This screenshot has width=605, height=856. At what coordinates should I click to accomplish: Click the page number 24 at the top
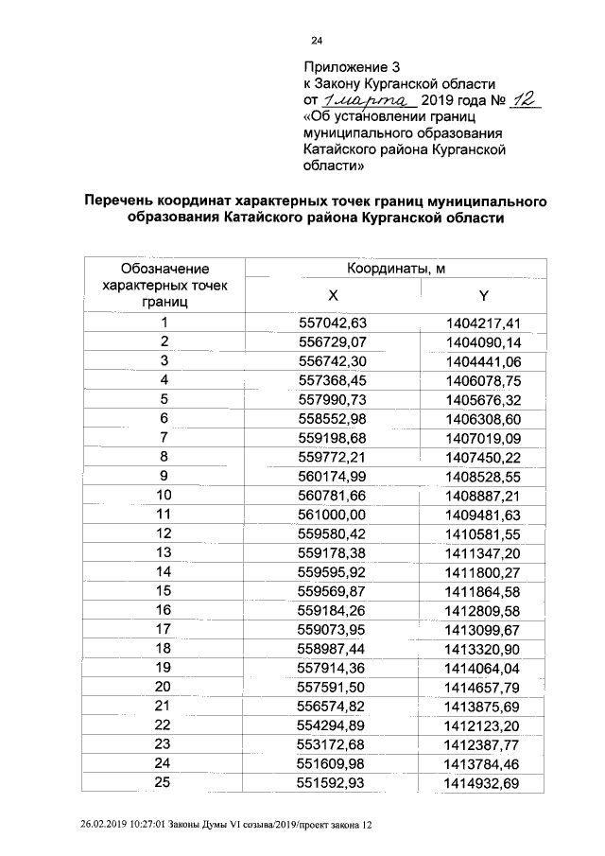(317, 41)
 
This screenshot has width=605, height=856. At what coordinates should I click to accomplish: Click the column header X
(332, 294)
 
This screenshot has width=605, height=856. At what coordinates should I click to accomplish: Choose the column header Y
(483, 294)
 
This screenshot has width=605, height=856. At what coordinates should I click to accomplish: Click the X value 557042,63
(332, 323)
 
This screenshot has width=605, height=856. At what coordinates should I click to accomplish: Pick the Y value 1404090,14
(483, 341)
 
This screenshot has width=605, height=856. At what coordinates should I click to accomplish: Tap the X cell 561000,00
(332, 515)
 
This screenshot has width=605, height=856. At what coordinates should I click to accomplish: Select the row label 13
(164, 552)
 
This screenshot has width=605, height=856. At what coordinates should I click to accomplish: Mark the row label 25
(164, 782)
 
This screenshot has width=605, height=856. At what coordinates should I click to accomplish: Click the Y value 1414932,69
(483, 783)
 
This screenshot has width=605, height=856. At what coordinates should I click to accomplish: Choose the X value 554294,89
(332, 725)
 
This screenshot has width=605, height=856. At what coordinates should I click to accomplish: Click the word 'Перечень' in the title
(124, 201)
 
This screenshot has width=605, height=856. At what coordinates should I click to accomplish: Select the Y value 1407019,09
(483, 438)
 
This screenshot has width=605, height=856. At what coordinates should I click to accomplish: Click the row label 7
(164, 437)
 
